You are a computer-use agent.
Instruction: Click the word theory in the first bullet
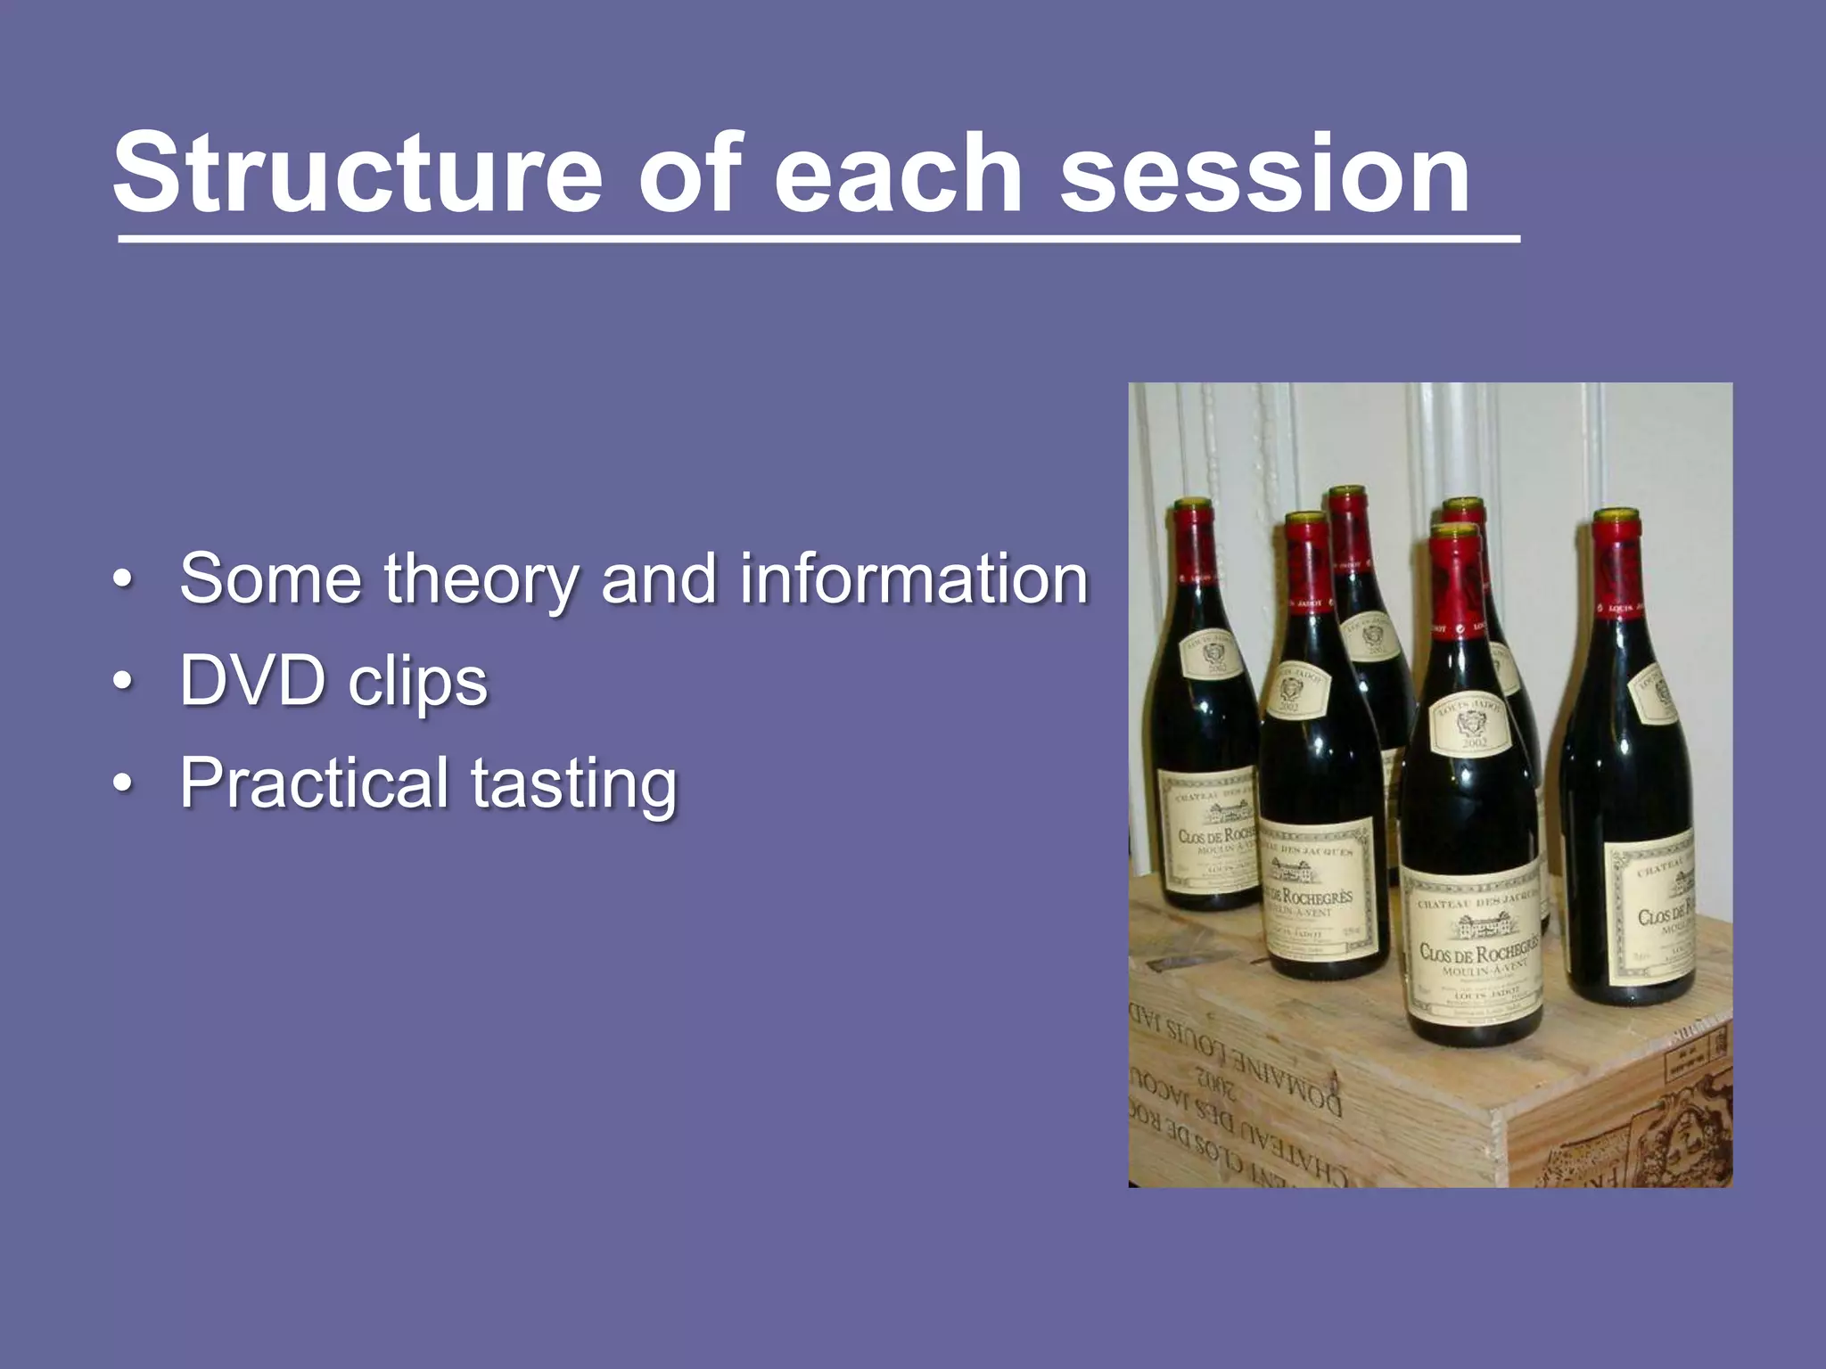[x=482, y=580]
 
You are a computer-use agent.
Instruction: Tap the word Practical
[x=314, y=783]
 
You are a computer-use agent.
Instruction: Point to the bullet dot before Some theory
[x=124, y=580]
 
